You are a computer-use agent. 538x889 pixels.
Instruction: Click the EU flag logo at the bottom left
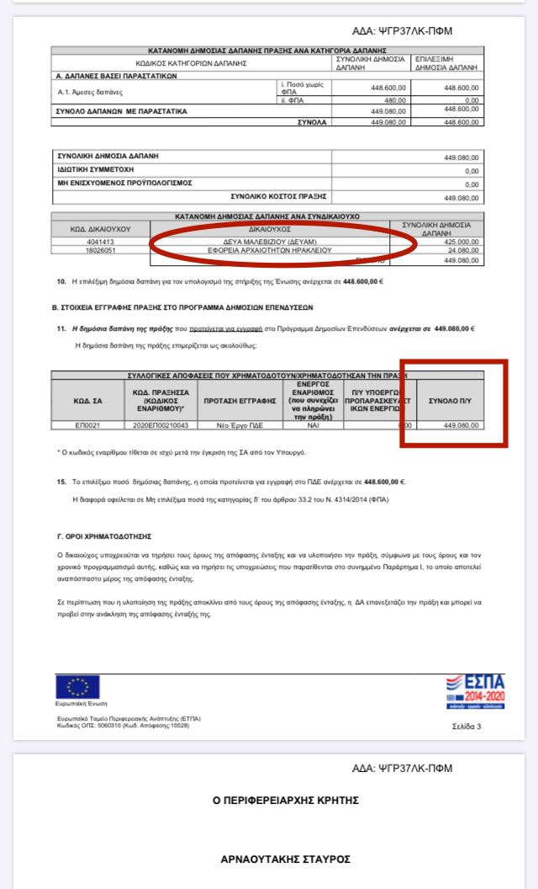click(77, 687)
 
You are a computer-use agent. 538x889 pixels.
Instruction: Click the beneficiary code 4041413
click(100, 242)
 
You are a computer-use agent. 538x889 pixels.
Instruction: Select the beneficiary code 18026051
click(100, 250)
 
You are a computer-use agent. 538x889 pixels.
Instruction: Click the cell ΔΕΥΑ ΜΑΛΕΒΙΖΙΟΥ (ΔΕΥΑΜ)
click(269, 242)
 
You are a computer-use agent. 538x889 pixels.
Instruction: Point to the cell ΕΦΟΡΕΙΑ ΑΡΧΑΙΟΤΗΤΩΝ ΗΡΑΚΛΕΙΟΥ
click(269, 250)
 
